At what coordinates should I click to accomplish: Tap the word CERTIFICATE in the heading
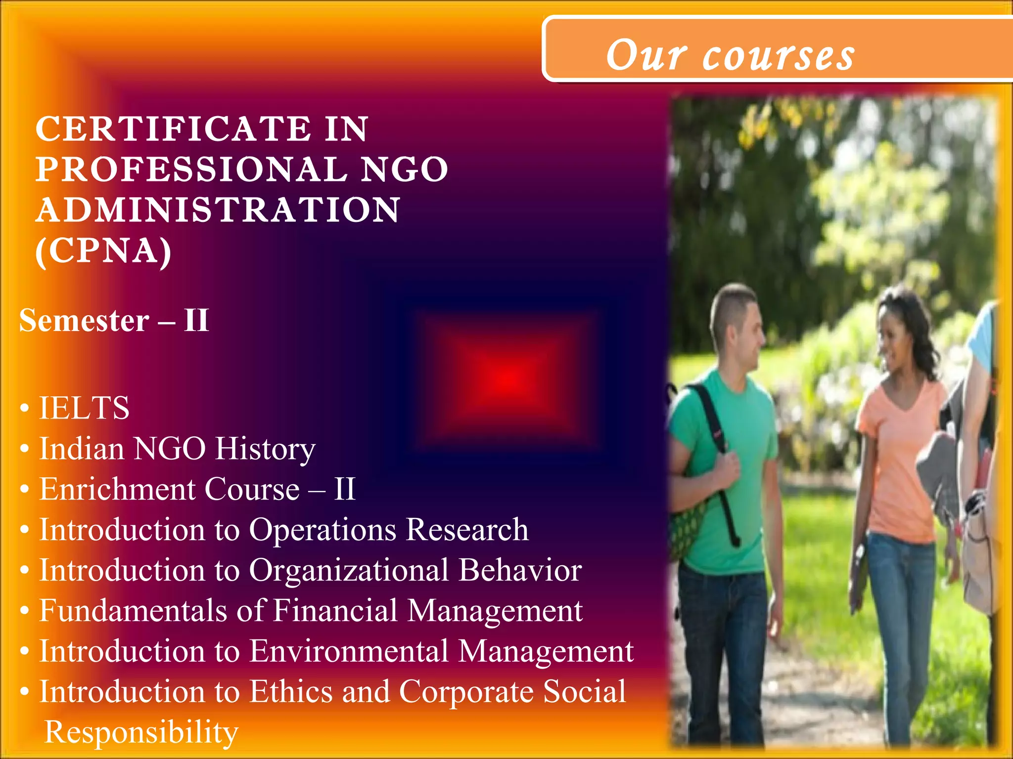(173, 129)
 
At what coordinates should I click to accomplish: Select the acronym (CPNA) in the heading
(103, 251)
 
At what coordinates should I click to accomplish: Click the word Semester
(84, 321)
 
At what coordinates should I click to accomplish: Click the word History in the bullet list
(265, 449)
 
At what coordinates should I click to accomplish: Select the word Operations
(322, 530)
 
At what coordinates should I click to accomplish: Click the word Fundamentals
(133, 611)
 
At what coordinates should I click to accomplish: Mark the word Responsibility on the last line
(141, 732)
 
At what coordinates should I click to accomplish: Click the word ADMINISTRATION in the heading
(218, 211)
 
